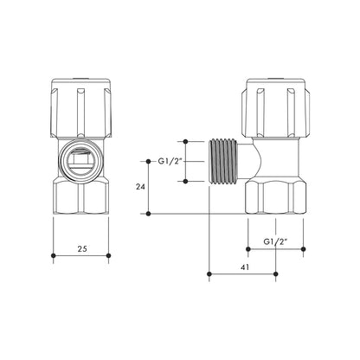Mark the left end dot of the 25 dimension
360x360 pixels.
(x=55, y=256)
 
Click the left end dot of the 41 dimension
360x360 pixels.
(x=210, y=276)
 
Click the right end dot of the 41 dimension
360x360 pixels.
(x=275, y=276)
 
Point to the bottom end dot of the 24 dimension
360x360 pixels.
(x=151, y=214)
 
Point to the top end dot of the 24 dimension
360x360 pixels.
(x=151, y=160)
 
